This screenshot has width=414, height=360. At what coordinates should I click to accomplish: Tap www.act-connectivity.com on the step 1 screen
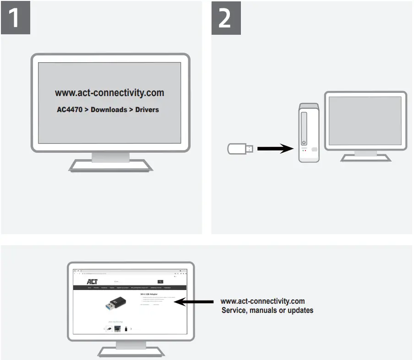tap(109, 93)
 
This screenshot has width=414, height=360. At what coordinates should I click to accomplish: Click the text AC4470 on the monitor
tap(69, 110)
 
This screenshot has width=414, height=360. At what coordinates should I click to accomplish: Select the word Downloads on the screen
tap(109, 110)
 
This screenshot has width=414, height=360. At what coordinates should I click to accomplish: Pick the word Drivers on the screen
tap(147, 110)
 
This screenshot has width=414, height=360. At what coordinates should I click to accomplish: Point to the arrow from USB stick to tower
tap(275, 149)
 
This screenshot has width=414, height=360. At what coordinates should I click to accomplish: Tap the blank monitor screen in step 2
tap(365, 122)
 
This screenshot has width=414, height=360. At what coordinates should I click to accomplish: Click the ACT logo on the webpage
tap(92, 281)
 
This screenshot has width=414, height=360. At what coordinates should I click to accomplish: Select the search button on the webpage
tap(160, 281)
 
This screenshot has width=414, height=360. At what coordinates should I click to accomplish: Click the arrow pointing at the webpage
tap(195, 302)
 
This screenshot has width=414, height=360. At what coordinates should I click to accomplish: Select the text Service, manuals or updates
tap(267, 310)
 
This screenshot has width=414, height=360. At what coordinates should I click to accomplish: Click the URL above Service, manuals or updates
tap(262, 301)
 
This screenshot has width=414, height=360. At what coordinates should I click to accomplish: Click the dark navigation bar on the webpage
tap(130, 288)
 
